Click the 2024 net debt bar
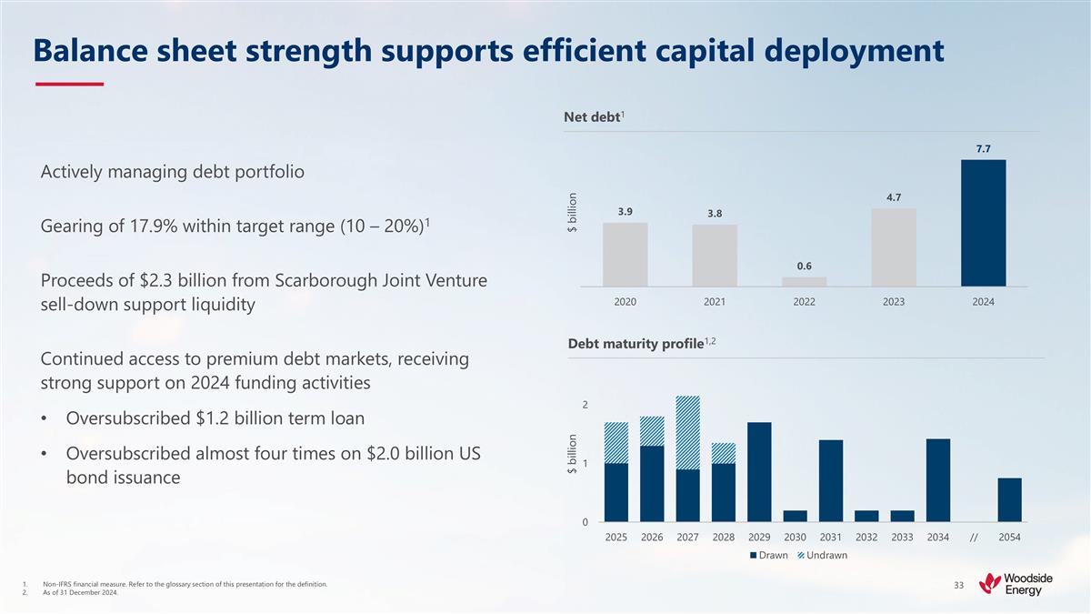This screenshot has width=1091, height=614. pos(983,223)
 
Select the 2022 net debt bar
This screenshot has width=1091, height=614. pos(805,281)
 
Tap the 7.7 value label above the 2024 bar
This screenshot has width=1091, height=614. pos(983,147)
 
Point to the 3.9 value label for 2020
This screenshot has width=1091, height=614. pos(626,211)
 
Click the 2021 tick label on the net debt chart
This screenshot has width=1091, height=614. pos(715,302)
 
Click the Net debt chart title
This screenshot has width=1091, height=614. pos(591,116)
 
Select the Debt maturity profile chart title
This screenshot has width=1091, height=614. pos(635,344)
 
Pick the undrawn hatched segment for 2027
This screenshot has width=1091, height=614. pos(688,432)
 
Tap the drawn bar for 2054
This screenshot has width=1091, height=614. pos(1009,499)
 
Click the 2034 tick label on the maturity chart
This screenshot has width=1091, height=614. pos(937,537)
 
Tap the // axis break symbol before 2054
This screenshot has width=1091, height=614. pos(974,537)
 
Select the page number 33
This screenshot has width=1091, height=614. pos(958,584)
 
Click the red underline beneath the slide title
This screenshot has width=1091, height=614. pos(69,85)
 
